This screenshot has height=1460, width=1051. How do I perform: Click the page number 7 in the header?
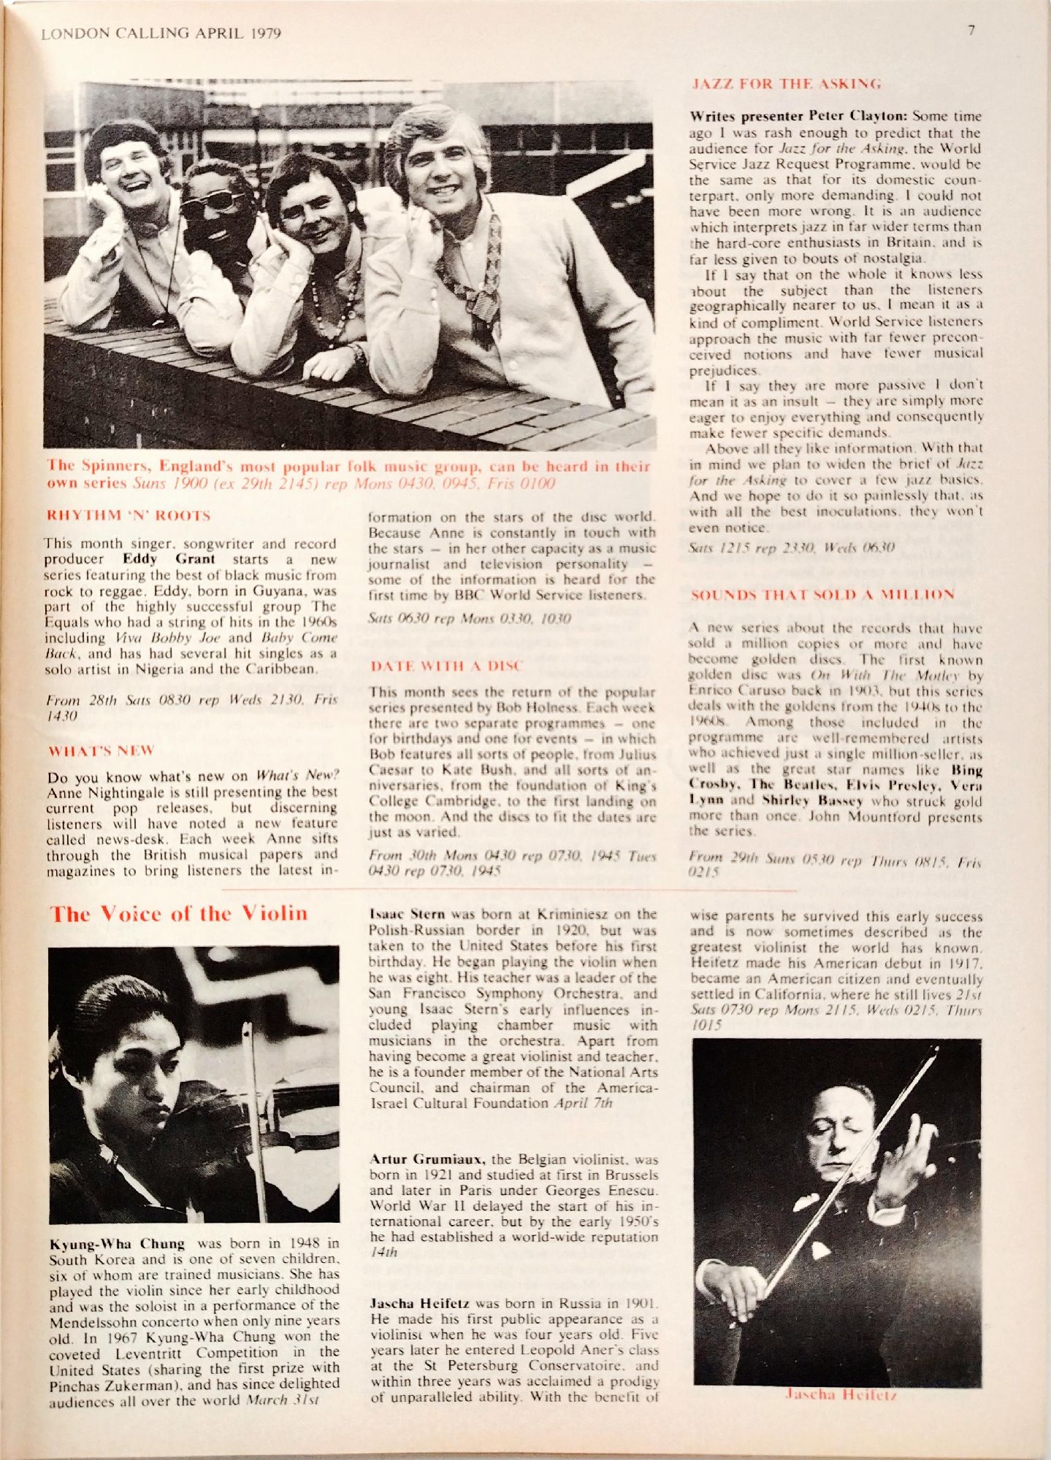(x=971, y=31)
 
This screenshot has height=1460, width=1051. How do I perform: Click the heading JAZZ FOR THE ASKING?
(x=786, y=84)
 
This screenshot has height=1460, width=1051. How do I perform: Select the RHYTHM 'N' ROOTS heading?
(x=128, y=515)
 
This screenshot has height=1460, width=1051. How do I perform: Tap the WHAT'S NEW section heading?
(x=102, y=751)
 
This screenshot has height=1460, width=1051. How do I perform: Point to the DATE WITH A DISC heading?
(x=446, y=666)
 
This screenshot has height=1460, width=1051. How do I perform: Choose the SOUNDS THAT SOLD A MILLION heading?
(x=822, y=595)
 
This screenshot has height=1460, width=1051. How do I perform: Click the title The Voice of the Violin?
(x=178, y=914)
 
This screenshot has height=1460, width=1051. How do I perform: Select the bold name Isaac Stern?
(x=407, y=915)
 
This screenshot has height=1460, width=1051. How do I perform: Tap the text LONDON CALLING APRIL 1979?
(x=161, y=34)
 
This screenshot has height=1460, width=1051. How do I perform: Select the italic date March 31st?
(x=283, y=1400)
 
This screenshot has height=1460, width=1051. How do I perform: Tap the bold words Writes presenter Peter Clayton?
(x=798, y=116)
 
